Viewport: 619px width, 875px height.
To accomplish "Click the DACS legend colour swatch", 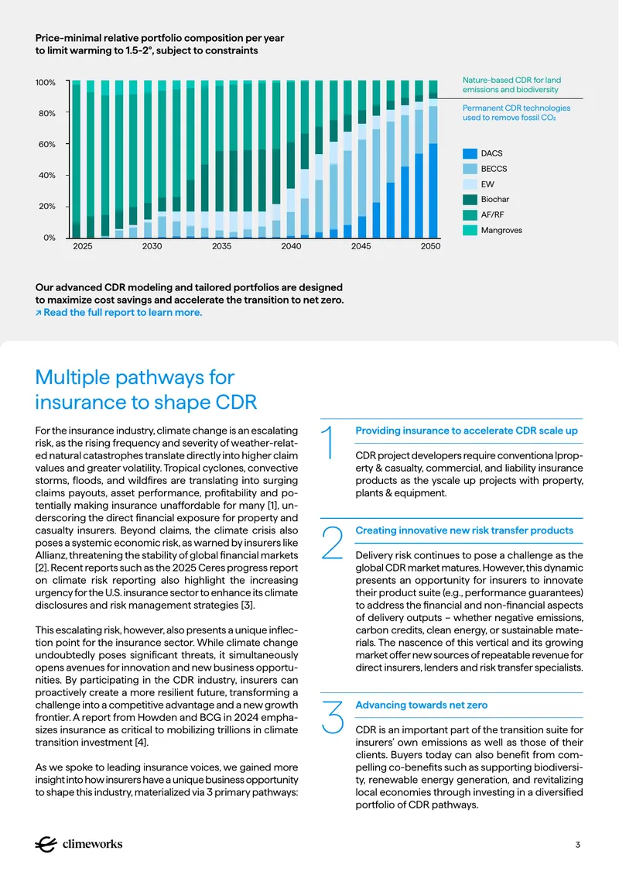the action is click(470, 153).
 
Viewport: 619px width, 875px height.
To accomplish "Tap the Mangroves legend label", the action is click(501, 230).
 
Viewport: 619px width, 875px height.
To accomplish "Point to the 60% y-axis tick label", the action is click(46, 144).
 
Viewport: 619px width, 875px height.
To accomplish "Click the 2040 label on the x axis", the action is click(291, 245).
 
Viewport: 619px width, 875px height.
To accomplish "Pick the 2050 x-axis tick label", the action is click(430, 245).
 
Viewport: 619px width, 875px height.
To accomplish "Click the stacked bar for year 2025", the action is click(77, 159).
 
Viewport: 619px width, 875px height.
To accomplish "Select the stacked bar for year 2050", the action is click(433, 159).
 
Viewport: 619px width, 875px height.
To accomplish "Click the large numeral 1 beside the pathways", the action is click(329, 442).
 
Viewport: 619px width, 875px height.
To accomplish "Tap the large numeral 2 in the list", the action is click(333, 542).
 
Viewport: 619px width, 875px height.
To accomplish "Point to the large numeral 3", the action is click(333, 717).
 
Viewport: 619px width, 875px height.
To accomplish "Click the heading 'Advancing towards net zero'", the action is click(422, 705).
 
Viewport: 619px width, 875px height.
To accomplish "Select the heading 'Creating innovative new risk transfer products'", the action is click(464, 530).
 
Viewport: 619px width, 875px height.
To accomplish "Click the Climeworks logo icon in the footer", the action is click(46, 844).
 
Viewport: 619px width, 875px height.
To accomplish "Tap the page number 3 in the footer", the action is click(578, 845).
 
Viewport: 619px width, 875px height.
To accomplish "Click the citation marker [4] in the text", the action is click(142, 742).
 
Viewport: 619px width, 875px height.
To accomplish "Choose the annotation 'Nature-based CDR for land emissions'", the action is click(511, 85).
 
